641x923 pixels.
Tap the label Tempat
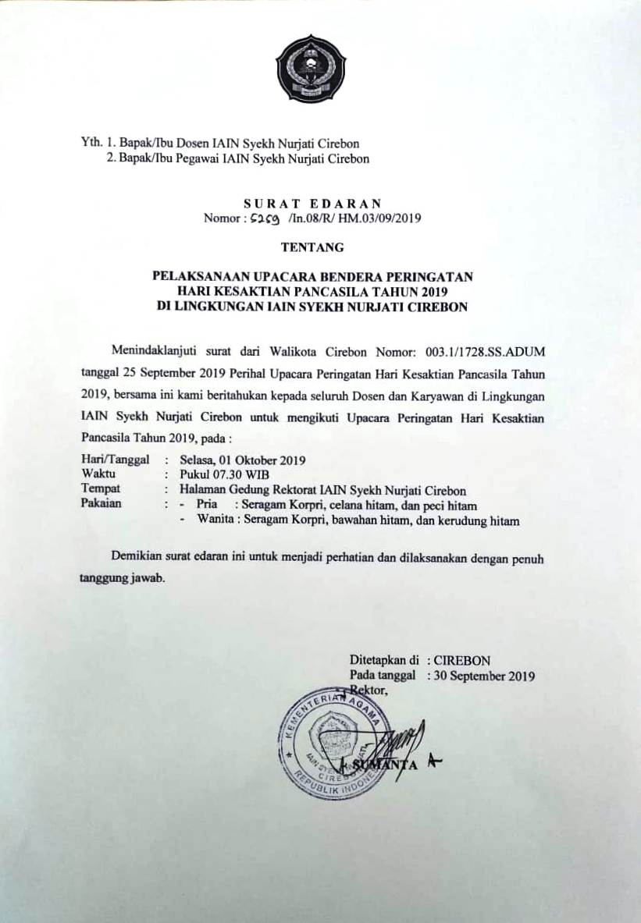click(99, 490)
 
